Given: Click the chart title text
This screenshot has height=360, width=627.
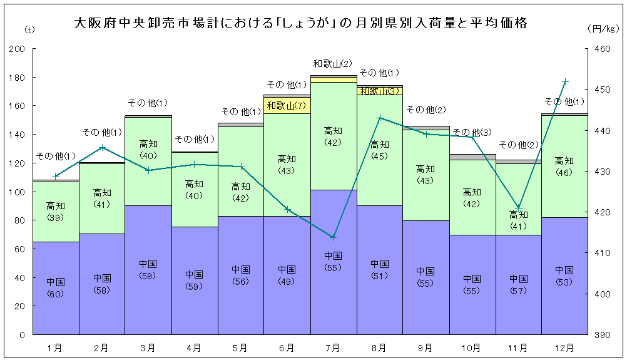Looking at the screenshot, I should tap(300, 24).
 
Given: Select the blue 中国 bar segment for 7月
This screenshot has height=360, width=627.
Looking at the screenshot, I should tap(334, 288).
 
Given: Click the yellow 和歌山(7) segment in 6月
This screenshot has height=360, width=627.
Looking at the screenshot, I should tap(287, 105).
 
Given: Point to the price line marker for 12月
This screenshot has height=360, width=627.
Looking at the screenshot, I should tap(565, 81).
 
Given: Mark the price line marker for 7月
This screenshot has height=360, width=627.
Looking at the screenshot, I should tap(334, 237).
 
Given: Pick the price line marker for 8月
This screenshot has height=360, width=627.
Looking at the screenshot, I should tap(379, 118).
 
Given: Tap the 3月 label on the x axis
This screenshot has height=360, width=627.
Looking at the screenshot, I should tap(148, 346).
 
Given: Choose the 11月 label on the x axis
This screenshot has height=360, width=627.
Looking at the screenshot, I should tap(518, 346).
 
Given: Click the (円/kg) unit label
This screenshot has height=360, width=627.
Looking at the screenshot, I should tap(603, 29).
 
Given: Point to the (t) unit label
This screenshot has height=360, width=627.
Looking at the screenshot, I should tap(29, 29).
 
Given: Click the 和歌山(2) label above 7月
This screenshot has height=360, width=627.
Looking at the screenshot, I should tap(333, 63).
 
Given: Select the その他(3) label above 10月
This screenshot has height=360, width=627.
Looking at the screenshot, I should tap(472, 131).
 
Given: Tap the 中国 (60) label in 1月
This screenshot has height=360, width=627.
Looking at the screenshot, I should tap(56, 287).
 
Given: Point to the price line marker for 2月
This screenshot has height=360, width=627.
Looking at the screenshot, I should tap(103, 147).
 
